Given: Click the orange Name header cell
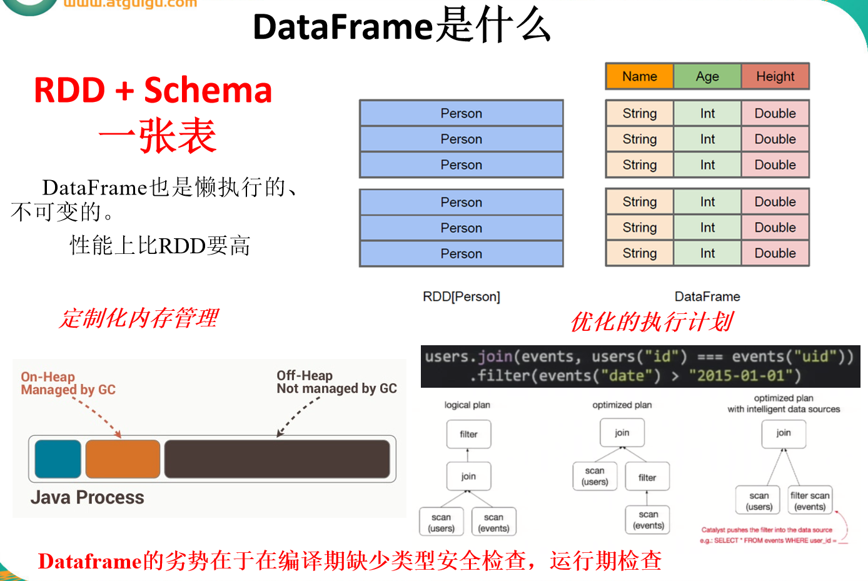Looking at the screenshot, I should pyautogui.click(x=640, y=76).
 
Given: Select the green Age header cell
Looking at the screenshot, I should pyautogui.click(x=707, y=76).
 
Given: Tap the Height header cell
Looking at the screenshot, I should pyautogui.click(x=775, y=76).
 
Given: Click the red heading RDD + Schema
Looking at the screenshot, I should pyautogui.click(x=153, y=90).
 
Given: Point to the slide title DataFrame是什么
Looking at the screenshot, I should pyautogui.click(x=401, y=26).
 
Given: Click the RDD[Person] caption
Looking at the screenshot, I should pyautogui.click(x=462, y=296).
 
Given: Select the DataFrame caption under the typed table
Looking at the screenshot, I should pyautogui.click(x=707, y=296).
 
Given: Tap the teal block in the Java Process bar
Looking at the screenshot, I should pyautogui.click(x=58, y=459).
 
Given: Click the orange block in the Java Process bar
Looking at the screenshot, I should pyautogui.click(x=123, y=459).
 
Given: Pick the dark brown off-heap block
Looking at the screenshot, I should pyautogui.click(x=277, y=459).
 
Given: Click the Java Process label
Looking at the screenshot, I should pyautogui.click(x=88, y=497).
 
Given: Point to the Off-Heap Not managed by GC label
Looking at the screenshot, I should pyautogui.click(x=336, y=382).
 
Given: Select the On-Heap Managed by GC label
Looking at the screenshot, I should pyautogui.click(x=68, y=383).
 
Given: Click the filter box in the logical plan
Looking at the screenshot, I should pyautogui.click(x=468, y=434).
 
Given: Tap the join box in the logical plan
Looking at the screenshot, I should pyautogui.click(x=468, y=476).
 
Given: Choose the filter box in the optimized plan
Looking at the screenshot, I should pyautogui.click(x=647, y=477).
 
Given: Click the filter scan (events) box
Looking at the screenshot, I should pyautogui.click(x=810, y=501).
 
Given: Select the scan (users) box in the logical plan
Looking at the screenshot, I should pyautogui.click(x=441, y=522).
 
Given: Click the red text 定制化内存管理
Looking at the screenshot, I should pyautogui.click(x=139, y=318).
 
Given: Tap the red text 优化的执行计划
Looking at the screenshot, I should pyautogui.click(x=652, y=322).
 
